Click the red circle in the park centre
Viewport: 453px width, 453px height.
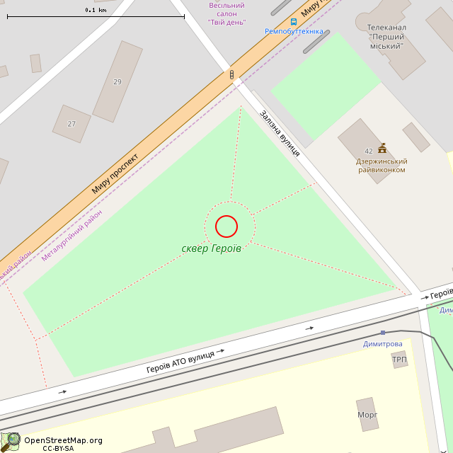[226, 226]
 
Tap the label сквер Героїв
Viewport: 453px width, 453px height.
[211, 248]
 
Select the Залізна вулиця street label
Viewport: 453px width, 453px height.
[279, 133]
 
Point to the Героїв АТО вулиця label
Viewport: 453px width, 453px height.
[180, 360]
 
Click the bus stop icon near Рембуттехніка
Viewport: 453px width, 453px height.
[294, 22]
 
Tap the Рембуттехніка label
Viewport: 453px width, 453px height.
[294, 32]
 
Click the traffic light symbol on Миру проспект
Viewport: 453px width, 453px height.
[231, 74]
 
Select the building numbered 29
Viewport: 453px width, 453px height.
[117, 81]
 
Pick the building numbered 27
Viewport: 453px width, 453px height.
[71, 124]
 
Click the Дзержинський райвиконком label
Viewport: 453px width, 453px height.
[382, 166]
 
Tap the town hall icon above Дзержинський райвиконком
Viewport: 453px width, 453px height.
[382, 148]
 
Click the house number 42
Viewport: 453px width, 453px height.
[369, 151]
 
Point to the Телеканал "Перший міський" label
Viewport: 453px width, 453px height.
[386, 37]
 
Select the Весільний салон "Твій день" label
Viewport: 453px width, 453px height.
[226, 13]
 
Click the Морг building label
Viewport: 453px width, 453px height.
[367, 414]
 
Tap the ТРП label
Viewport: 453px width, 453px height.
[399, 360]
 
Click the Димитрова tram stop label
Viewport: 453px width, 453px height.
[382, 344]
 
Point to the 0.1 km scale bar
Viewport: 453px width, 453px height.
[96, 16]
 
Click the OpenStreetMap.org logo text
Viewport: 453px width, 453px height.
[63, 440]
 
